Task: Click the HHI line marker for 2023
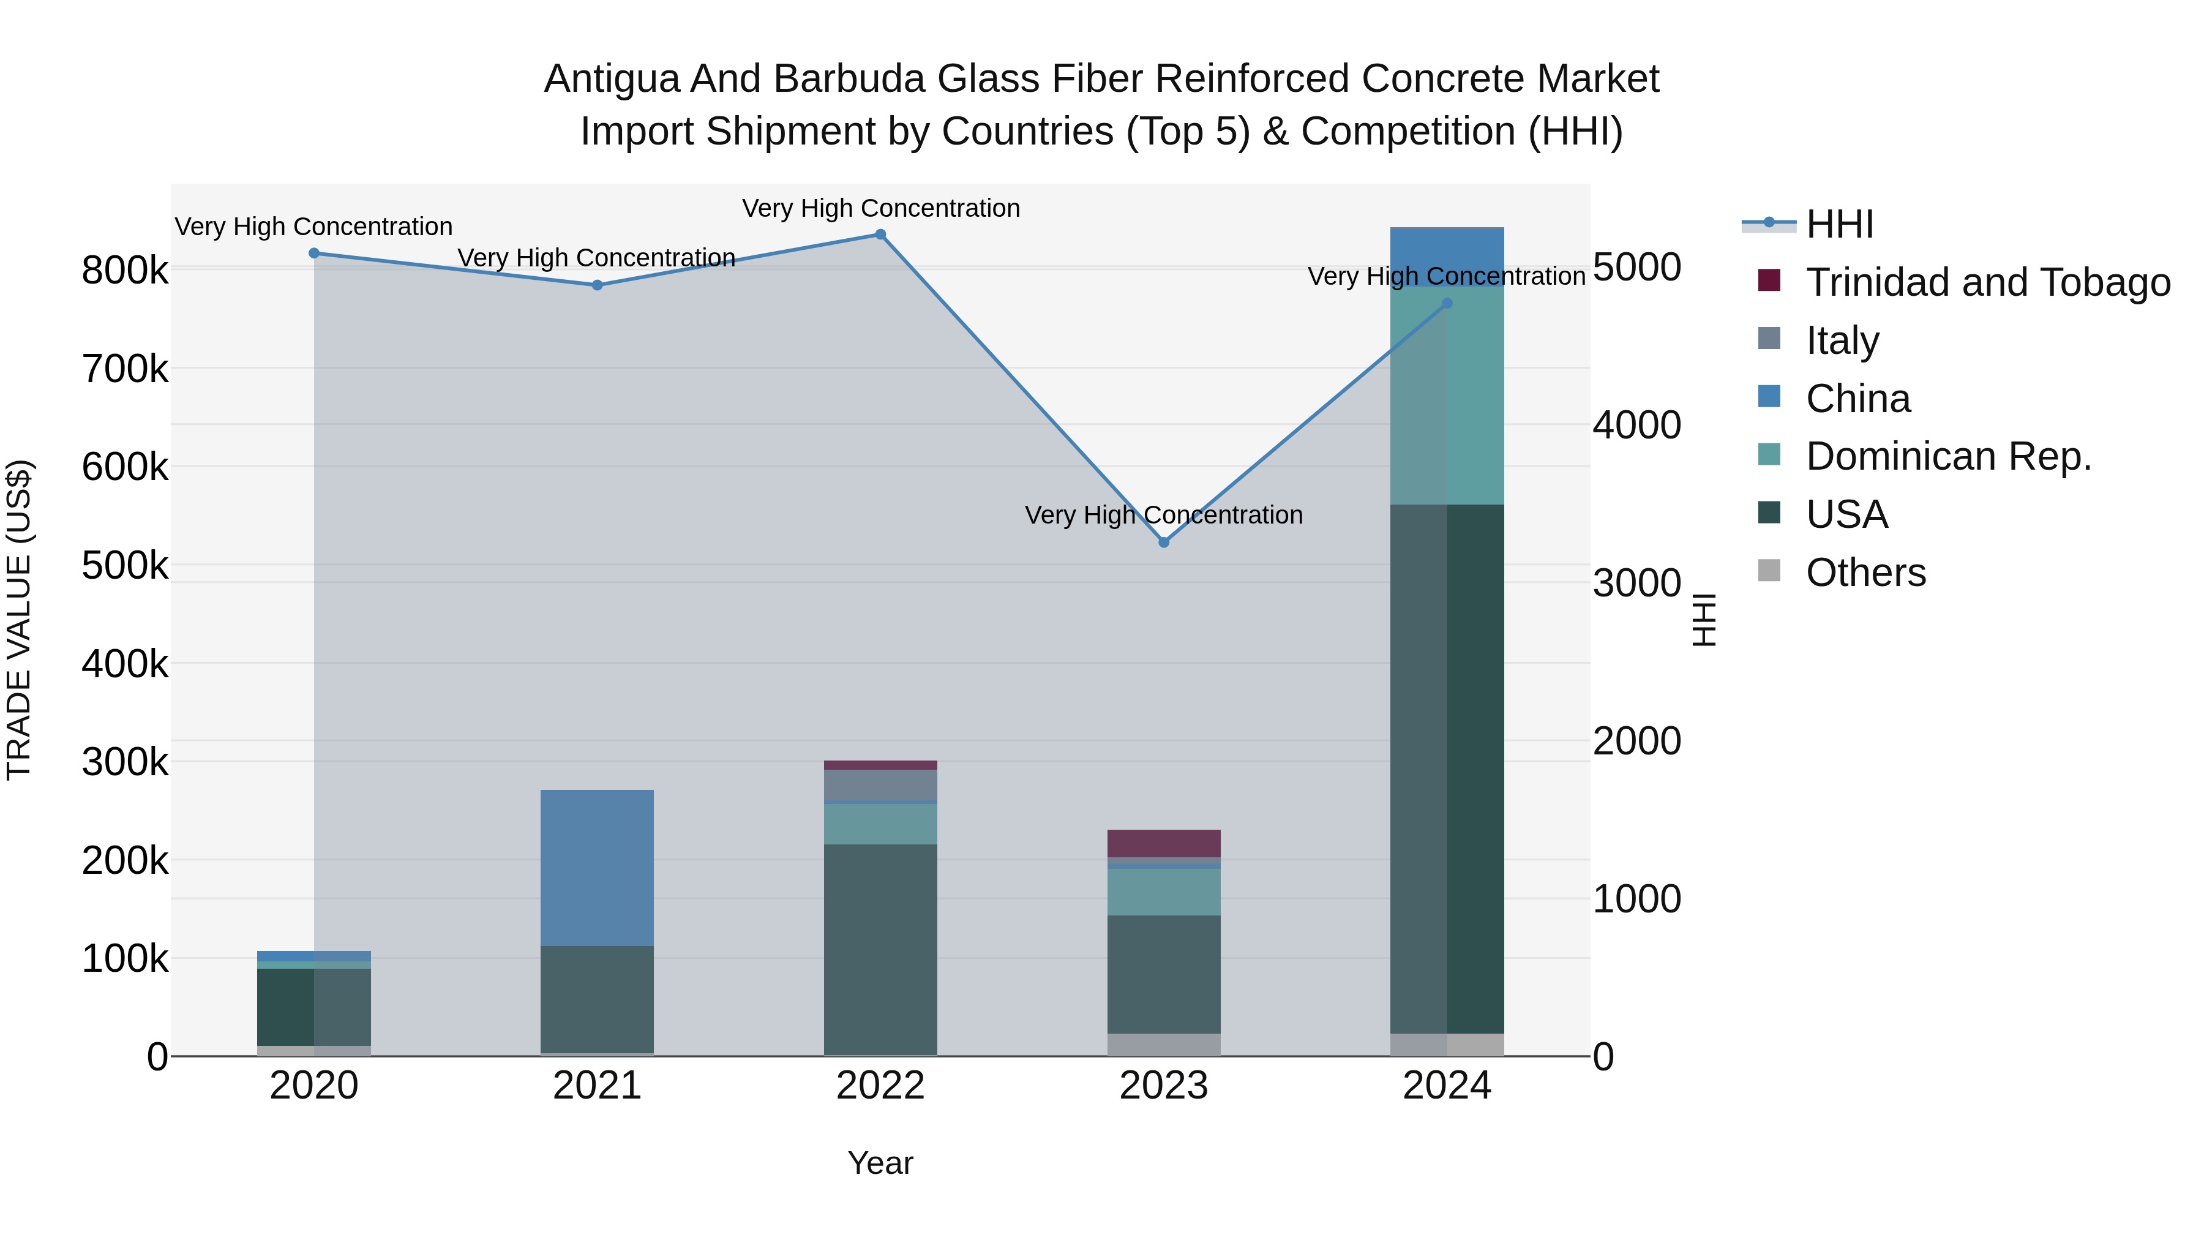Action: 1164,542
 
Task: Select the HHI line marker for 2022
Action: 880,235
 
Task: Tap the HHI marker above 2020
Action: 314,254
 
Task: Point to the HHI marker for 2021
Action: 597,285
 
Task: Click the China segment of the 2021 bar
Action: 597,867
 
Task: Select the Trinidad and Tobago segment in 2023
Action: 1164,843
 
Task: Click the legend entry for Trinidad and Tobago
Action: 1987,282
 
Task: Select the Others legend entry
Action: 1865,573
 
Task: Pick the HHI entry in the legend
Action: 1840,224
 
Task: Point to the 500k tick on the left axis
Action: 125,565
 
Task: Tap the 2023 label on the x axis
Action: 1164,1086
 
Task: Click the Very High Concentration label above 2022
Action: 880,208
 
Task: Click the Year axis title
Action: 880,1163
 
